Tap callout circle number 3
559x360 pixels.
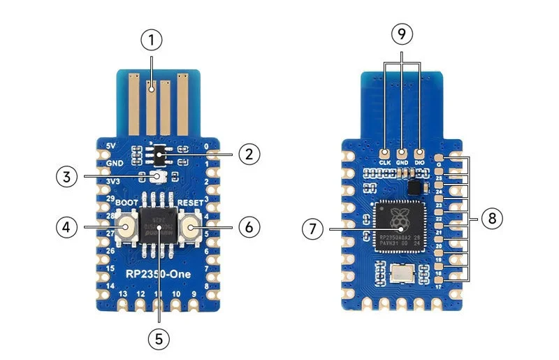click(x=66, y=177)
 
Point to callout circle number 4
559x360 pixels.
click(x=66, y=226)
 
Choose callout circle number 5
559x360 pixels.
click(x=159, y=337)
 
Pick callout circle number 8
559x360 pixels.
click(x=492, y=219)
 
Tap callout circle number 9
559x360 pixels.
click(x=402, y=34)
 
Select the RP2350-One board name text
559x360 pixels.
click(x=158, y=273)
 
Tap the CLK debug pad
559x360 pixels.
click(x=384, y=154)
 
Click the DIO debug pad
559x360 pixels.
click(x=420, y=154)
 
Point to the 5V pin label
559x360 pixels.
click(x=109, y=146)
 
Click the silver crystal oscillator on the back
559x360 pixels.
click(x=405, y=273)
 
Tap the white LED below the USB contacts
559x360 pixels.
click(x=159, y=177)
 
